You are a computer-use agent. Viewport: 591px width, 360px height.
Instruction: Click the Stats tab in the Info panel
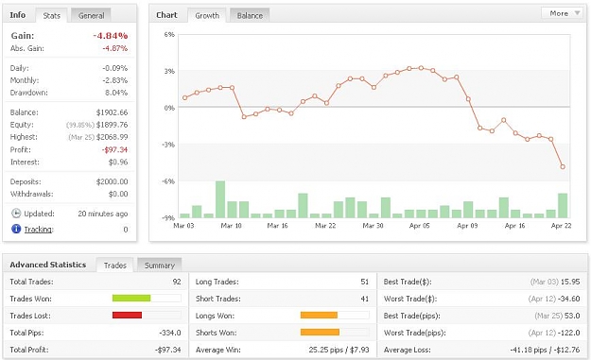51,15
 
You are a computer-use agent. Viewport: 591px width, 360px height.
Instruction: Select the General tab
91,15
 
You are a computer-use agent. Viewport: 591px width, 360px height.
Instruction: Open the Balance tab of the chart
250,15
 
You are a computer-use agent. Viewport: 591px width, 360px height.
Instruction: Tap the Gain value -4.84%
111,36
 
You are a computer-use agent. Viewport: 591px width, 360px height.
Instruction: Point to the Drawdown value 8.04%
116,93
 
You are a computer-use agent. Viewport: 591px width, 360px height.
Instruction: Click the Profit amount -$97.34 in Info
114,150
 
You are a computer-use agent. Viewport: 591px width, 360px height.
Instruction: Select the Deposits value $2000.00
112,181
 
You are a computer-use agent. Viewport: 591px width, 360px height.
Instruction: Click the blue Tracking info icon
16,229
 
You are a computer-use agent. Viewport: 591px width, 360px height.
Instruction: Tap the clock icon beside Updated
16,214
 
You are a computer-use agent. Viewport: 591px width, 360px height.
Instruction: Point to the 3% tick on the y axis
169,71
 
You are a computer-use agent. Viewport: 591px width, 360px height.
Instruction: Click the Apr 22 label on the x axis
562,226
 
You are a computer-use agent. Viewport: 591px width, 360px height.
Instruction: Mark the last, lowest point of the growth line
563,167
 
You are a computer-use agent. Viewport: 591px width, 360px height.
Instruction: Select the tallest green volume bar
220,199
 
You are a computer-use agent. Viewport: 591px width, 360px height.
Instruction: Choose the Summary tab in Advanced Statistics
160,266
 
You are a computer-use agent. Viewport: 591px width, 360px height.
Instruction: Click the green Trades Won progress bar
131,299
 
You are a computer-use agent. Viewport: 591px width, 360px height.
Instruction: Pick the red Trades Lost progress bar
127,316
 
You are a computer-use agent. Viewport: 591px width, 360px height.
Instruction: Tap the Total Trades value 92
177,282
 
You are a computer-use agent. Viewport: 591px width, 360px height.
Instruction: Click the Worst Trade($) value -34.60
570,299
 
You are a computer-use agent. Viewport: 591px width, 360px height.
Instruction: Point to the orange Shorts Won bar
320,333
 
